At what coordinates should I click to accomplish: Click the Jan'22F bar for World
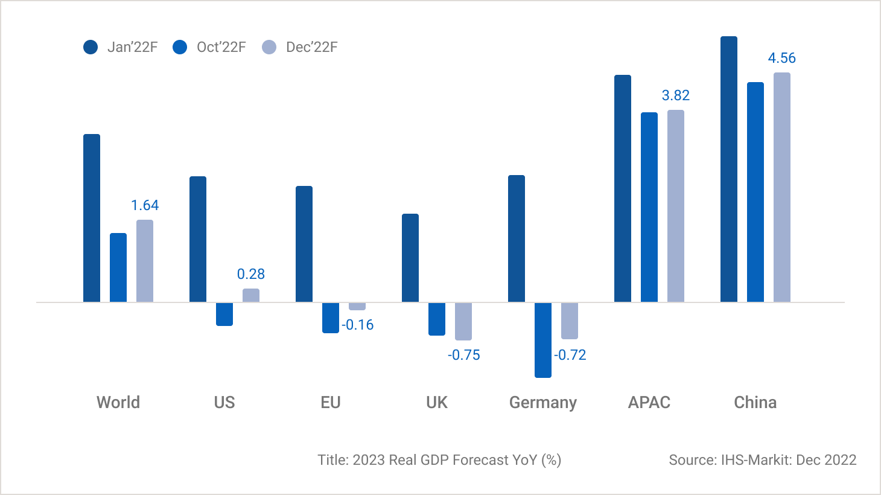point(92,218)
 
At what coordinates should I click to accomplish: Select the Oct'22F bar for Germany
point(543,340)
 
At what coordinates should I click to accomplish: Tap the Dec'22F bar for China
point(782,187)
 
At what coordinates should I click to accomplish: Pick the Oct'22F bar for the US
point(224,314)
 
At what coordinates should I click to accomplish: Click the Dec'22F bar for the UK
point(463,321)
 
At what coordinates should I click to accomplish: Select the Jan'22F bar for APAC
point(623,188)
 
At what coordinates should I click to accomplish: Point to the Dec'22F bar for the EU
point(357,306)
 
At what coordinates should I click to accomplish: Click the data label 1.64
point(145,205)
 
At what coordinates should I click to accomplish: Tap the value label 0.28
point(251,274)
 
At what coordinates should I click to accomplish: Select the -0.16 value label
point(358,325)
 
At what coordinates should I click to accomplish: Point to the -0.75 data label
point(463,355)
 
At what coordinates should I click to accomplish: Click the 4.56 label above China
point(781,58)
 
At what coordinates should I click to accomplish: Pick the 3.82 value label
point(675,95)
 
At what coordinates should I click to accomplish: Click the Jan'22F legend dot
point(91,47)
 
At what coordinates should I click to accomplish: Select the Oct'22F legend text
point(221,47)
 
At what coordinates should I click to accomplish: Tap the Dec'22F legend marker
point(269,47)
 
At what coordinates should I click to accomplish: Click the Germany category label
point(543,403)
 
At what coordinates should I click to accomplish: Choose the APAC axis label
point(649,403)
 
